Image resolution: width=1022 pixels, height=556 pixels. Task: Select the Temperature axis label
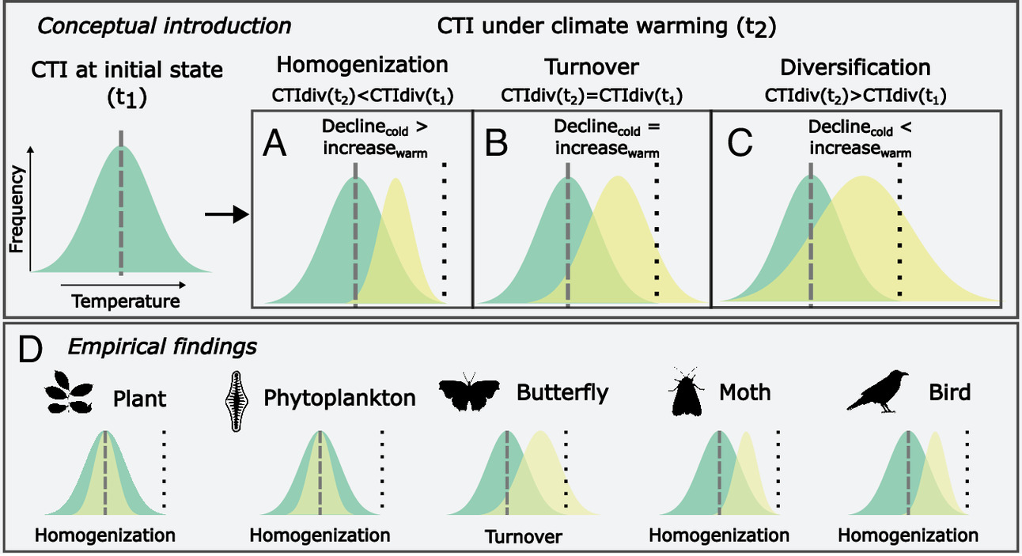[126, 301]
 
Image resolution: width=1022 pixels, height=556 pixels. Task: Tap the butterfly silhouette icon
[470, 393]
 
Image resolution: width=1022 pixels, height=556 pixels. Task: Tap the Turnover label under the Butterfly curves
[523, 537]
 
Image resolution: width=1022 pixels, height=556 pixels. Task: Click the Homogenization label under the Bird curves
[908, 535]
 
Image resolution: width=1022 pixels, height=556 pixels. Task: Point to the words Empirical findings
[161, 346]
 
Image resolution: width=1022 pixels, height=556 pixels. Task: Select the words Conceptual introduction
[165, 25]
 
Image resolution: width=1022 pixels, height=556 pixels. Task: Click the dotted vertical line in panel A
[444, 229]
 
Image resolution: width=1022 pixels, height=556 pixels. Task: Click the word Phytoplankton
[340, 397]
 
